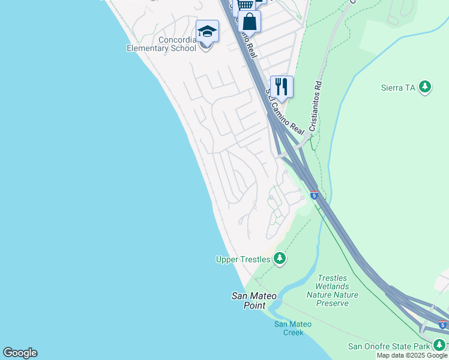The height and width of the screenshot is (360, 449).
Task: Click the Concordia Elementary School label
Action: coord(161,44)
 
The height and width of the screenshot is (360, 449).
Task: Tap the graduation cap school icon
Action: coord(207,32)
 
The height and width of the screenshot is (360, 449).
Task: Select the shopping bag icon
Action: coord(249,22)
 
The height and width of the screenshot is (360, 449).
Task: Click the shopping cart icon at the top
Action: coord(245,5)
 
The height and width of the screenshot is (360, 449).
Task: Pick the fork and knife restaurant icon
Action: coord(282,86)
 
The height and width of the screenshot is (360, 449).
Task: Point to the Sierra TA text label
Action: coord(398,88)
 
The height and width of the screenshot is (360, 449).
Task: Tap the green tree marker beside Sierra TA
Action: coord(426,88)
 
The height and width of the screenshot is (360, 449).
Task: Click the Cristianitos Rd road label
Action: coord(316,107)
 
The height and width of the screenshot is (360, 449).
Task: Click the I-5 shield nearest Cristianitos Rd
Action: coord(314,196)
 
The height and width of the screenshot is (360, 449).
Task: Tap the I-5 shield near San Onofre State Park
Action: coord(442,325)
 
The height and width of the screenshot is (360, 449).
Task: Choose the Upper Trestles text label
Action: coord(243,259)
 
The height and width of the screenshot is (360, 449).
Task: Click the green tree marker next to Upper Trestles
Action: coord(279,259)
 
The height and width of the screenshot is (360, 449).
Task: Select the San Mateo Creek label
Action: coord(293,328)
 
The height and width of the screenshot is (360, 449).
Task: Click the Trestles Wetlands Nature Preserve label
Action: coord(332,290)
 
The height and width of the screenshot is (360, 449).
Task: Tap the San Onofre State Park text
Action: coord(389,346)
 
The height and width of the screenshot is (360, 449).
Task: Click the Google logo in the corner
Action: coord(20,353)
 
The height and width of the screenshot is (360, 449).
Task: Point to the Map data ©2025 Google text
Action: coord(412,356)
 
